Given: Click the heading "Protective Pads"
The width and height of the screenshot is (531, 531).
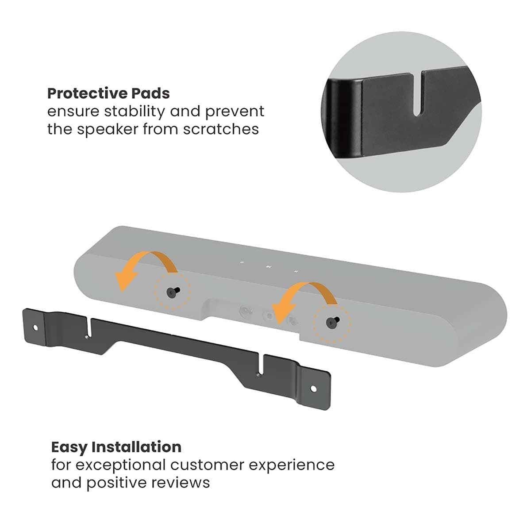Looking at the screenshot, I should [x=108, y=94].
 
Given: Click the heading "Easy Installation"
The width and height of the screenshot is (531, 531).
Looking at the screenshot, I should [x=116, y=447].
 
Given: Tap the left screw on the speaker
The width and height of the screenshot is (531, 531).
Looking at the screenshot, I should [x=172, y=291].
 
